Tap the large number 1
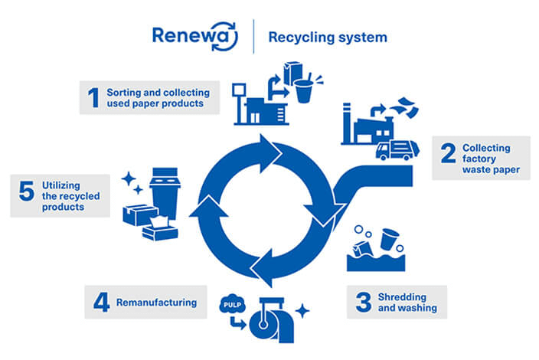point(93,97)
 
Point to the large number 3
point(364,301)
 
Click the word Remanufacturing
point(156,303)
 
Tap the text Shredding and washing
point(411,302)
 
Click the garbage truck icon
point(394,150)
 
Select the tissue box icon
point(161,228)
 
